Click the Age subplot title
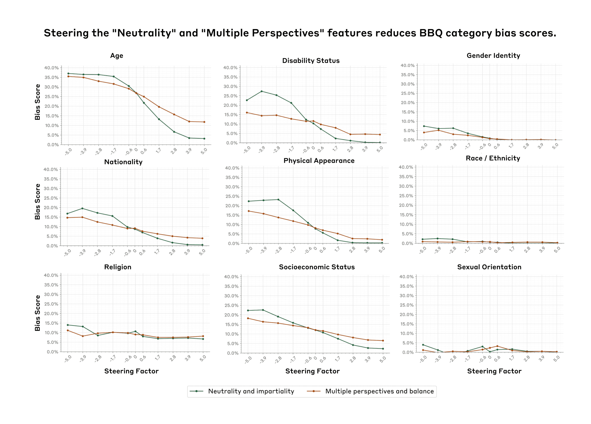[x=116, y=56]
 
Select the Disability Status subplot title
[x=311, y=61]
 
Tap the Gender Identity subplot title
[x=493, y=55]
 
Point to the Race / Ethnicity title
[x=493, y=158]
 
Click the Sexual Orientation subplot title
[x=489, y=267]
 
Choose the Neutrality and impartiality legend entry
[x=251, y=391]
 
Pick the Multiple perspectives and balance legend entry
[x=379, y=391]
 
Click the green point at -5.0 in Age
[x=68, y=73]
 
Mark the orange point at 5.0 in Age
[x=204, y=122]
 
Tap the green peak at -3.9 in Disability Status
[x=262, y=91]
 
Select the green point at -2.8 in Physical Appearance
[x=278, y=200]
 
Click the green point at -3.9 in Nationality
[x=82, y=208]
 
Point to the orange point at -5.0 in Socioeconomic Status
[x=248, y=318]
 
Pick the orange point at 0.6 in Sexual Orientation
[x=497, y=346]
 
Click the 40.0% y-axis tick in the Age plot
[x=51, y=68]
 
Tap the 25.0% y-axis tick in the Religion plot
[x=51, y=304]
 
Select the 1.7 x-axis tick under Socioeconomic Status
[x=337, y=359]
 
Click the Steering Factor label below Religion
[x=131, y=371]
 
